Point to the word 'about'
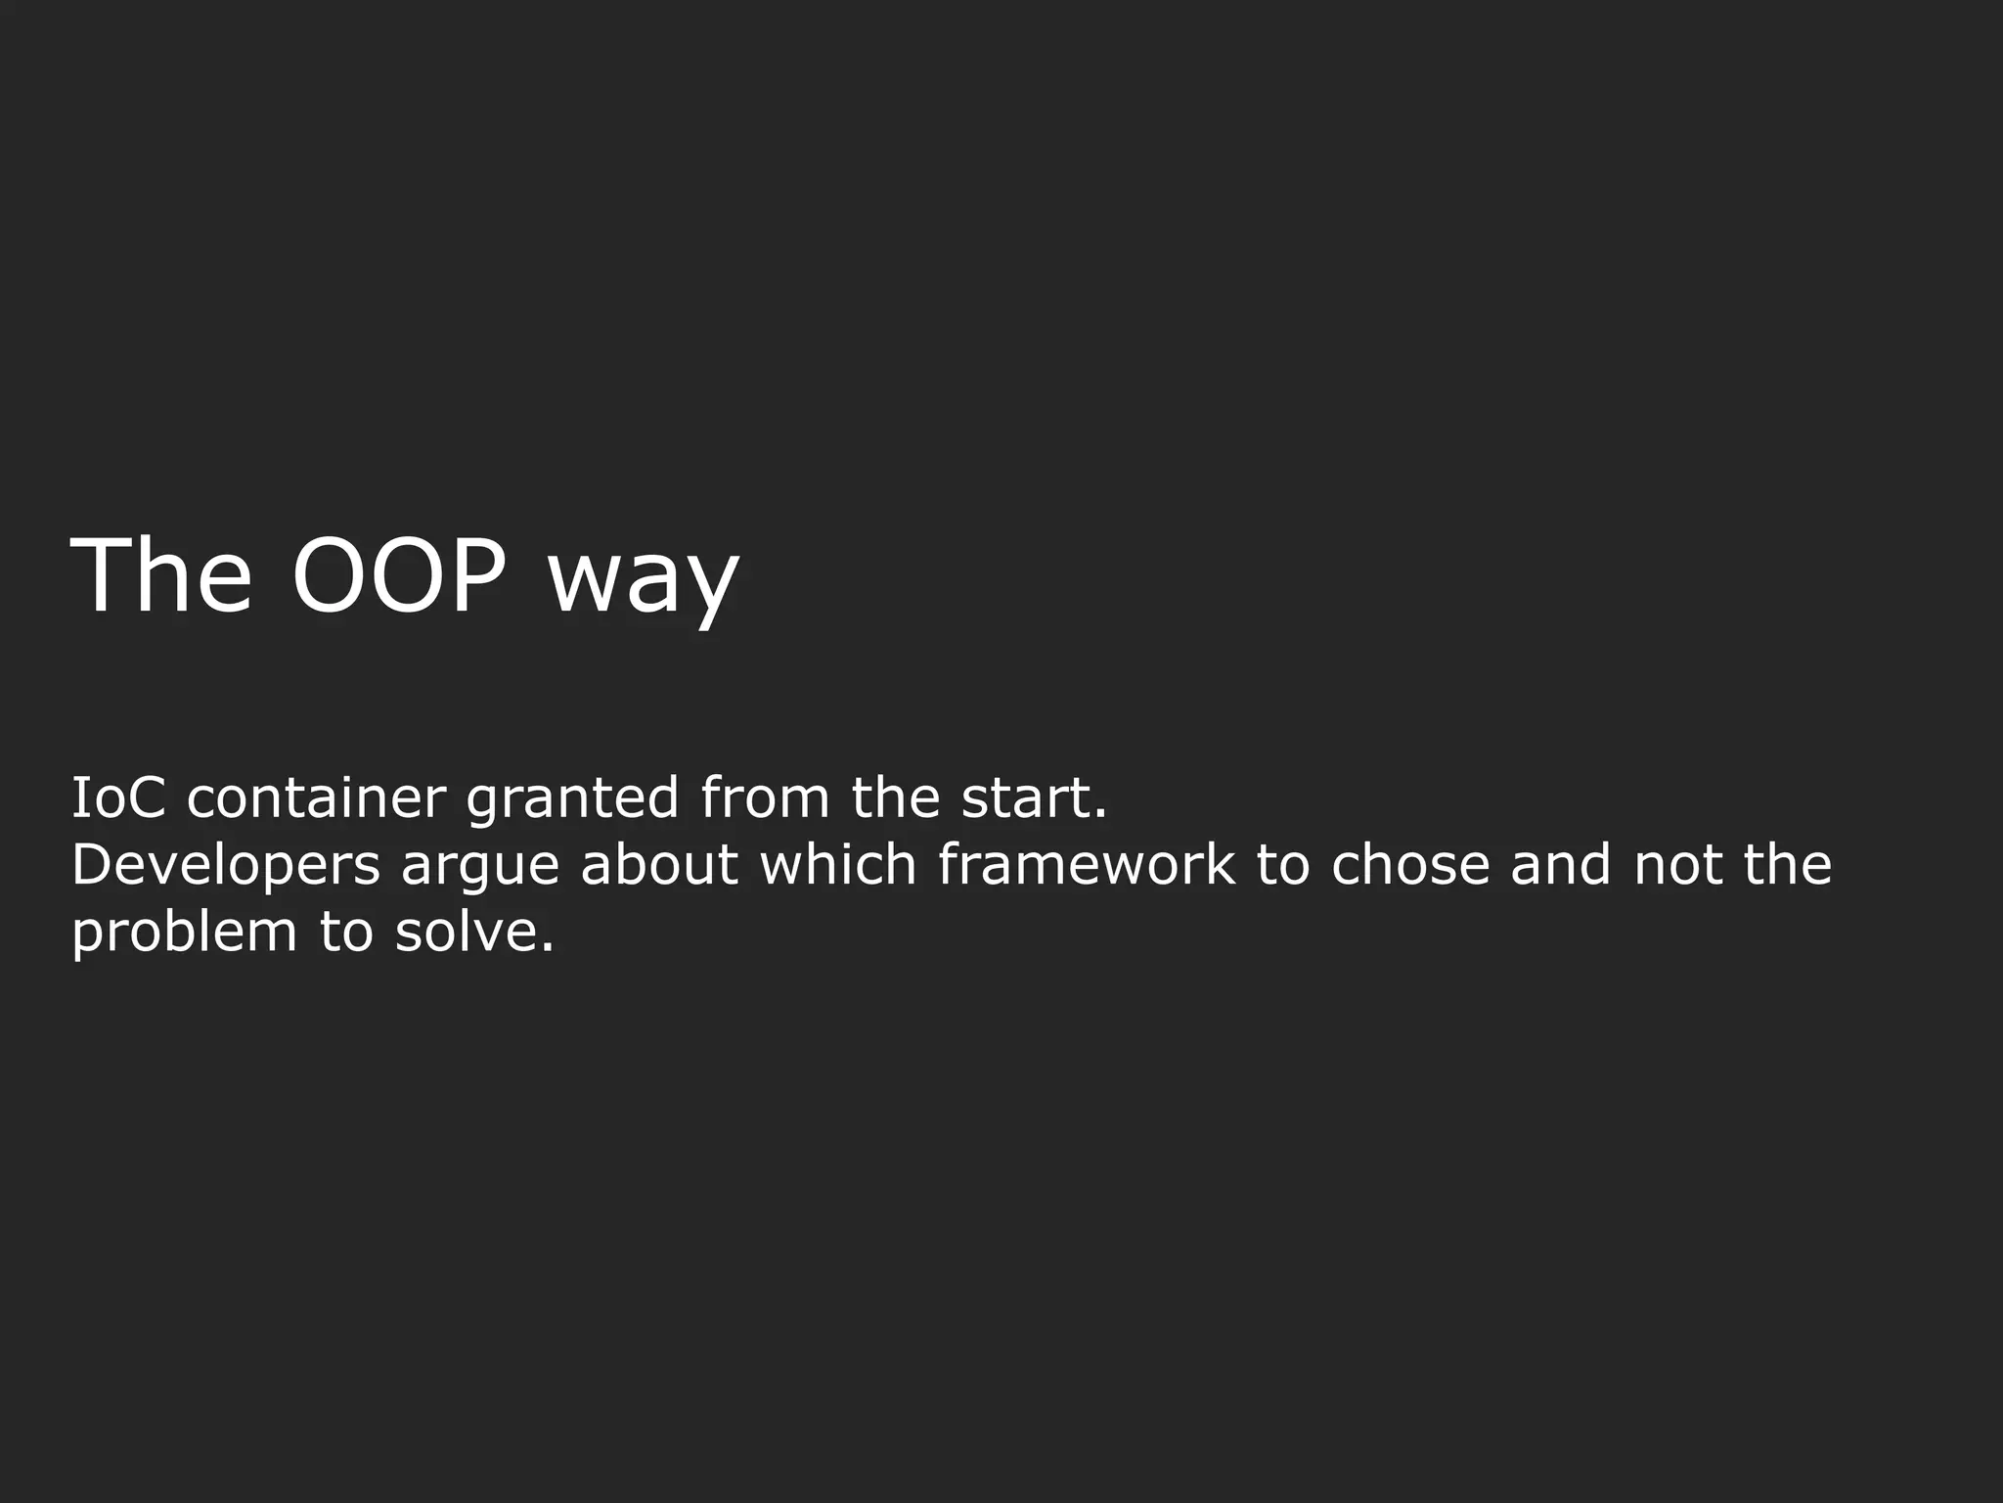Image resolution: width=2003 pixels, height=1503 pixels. coord(659,865)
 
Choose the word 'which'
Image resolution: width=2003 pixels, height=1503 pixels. coord(838,865)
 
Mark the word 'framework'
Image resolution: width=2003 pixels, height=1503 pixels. coord(1087,865)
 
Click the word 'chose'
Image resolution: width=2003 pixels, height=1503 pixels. coord(1410,865)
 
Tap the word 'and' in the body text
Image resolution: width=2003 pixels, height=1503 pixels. coord(1561,865)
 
